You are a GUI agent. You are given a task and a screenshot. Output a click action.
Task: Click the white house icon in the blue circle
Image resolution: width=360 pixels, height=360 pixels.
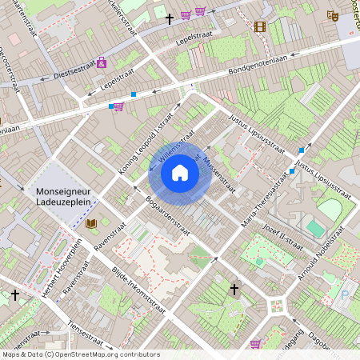180,172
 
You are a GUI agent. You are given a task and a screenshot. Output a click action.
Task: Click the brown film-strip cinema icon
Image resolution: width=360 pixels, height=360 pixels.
259,26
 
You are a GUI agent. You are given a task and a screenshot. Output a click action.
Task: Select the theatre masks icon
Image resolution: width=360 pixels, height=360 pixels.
333,15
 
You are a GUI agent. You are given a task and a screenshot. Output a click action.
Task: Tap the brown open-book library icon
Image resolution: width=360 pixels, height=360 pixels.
91,223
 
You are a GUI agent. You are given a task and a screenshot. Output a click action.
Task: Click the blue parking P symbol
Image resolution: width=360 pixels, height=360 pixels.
345,294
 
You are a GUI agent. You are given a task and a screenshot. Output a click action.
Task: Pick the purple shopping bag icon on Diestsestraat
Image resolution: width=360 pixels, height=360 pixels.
102,62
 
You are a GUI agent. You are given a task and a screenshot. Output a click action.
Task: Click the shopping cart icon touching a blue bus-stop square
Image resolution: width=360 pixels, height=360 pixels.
118,106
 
